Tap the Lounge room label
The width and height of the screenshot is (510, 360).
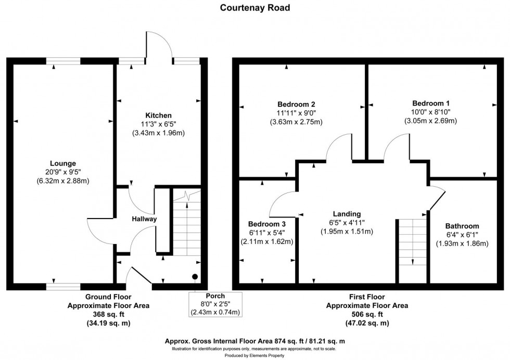click(x=63, y=163)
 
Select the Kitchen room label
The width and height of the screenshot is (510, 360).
click(x=159, y=115)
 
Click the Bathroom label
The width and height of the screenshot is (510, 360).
click(x=462, y=226)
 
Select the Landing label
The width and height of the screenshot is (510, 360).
click(x=347, y=214)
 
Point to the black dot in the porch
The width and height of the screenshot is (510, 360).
click(x=195, y=277)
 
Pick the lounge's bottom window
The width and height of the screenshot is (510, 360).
click(x=63, y=286)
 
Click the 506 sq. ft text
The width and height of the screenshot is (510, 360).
click(x=367, y=314)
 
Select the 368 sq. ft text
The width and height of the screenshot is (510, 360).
click(x=108, y=314)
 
